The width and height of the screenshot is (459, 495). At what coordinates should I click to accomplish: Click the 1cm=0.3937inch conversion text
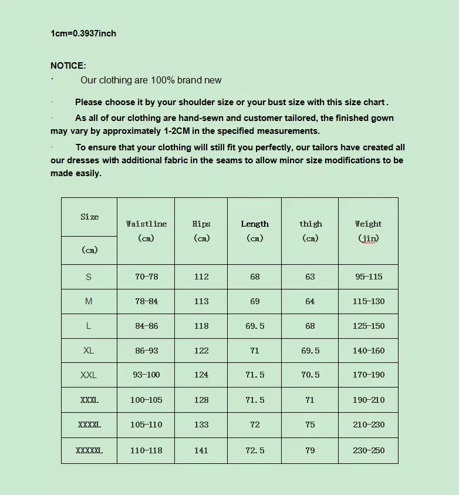click(x=83, y=33)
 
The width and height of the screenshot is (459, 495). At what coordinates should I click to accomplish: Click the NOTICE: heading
click(x=68, y=66)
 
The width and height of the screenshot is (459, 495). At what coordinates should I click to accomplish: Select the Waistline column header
click(x=146, y=224)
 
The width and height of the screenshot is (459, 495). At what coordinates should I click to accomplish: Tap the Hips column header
click(x=201, y=224)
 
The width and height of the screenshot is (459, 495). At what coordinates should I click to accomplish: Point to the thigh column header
click(x=310, y=224)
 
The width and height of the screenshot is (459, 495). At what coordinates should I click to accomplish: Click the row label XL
click(x=89, y=351)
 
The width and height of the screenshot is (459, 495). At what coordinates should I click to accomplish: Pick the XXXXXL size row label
click(x=89, y=450)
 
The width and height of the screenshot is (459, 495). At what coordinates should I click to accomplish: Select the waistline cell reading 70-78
click(x=146, y=277)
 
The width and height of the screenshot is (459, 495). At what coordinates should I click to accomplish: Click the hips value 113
click(x=201, y=301)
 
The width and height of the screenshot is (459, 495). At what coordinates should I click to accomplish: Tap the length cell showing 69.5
click(x=255, y=326)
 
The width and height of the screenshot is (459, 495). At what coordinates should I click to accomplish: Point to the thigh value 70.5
click(x=310, y=375)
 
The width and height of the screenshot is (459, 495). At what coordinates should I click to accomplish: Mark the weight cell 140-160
click(x=369, y=351)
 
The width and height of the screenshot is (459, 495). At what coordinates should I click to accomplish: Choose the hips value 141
click(x=201, y=450)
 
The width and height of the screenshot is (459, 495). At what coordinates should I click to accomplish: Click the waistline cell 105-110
click(x=146, y=425)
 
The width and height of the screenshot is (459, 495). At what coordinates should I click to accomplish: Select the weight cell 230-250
click(x=369, y=450)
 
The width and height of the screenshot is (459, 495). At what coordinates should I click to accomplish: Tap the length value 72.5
click(x=255, y=450)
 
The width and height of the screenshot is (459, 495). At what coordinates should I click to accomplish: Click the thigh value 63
click(x=310, y=277)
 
